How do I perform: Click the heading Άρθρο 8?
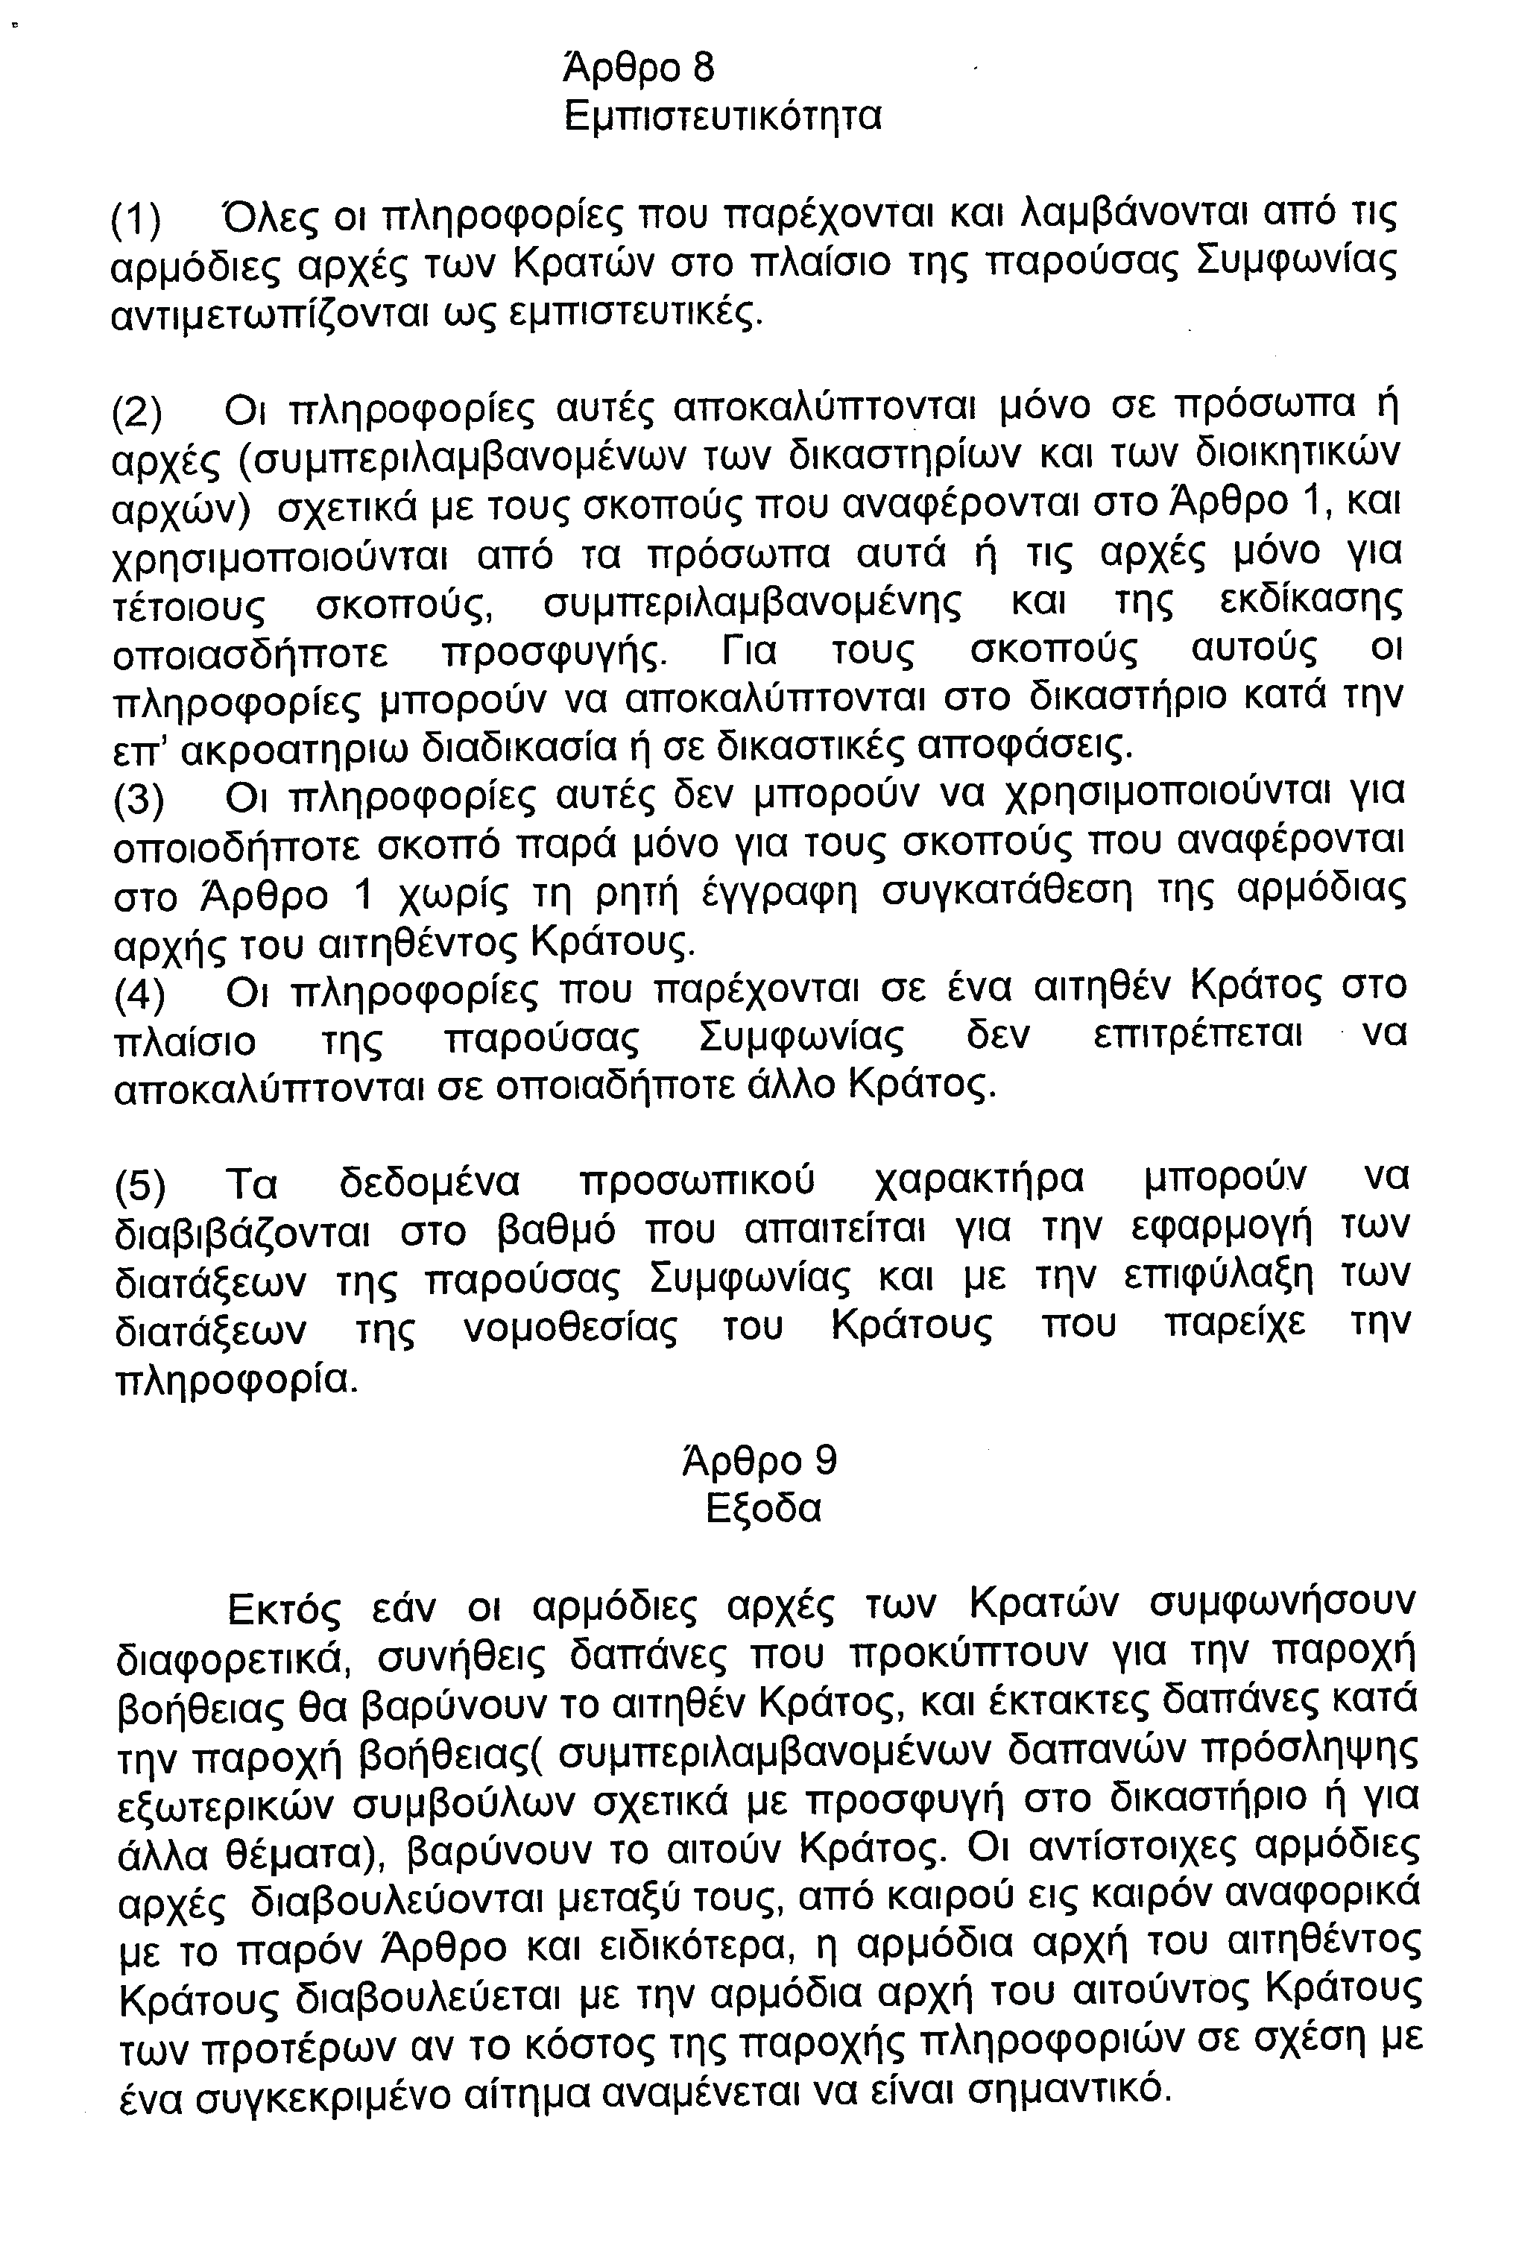coord(639,69)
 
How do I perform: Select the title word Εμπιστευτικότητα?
coord(723,118)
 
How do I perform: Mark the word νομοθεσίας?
coord(570,1330)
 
